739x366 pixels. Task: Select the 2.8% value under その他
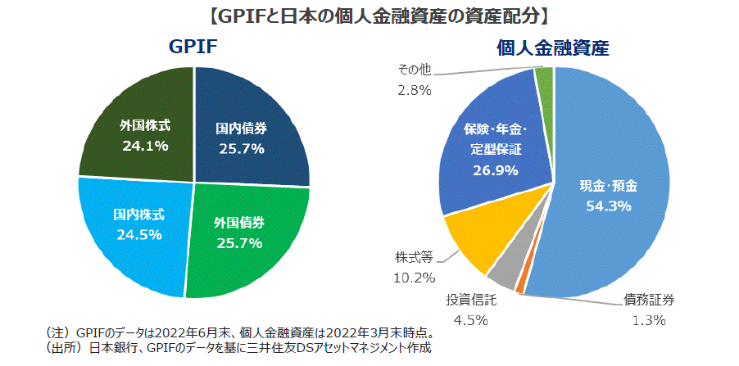coord(415,90)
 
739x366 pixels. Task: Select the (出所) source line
coord(238,349)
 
